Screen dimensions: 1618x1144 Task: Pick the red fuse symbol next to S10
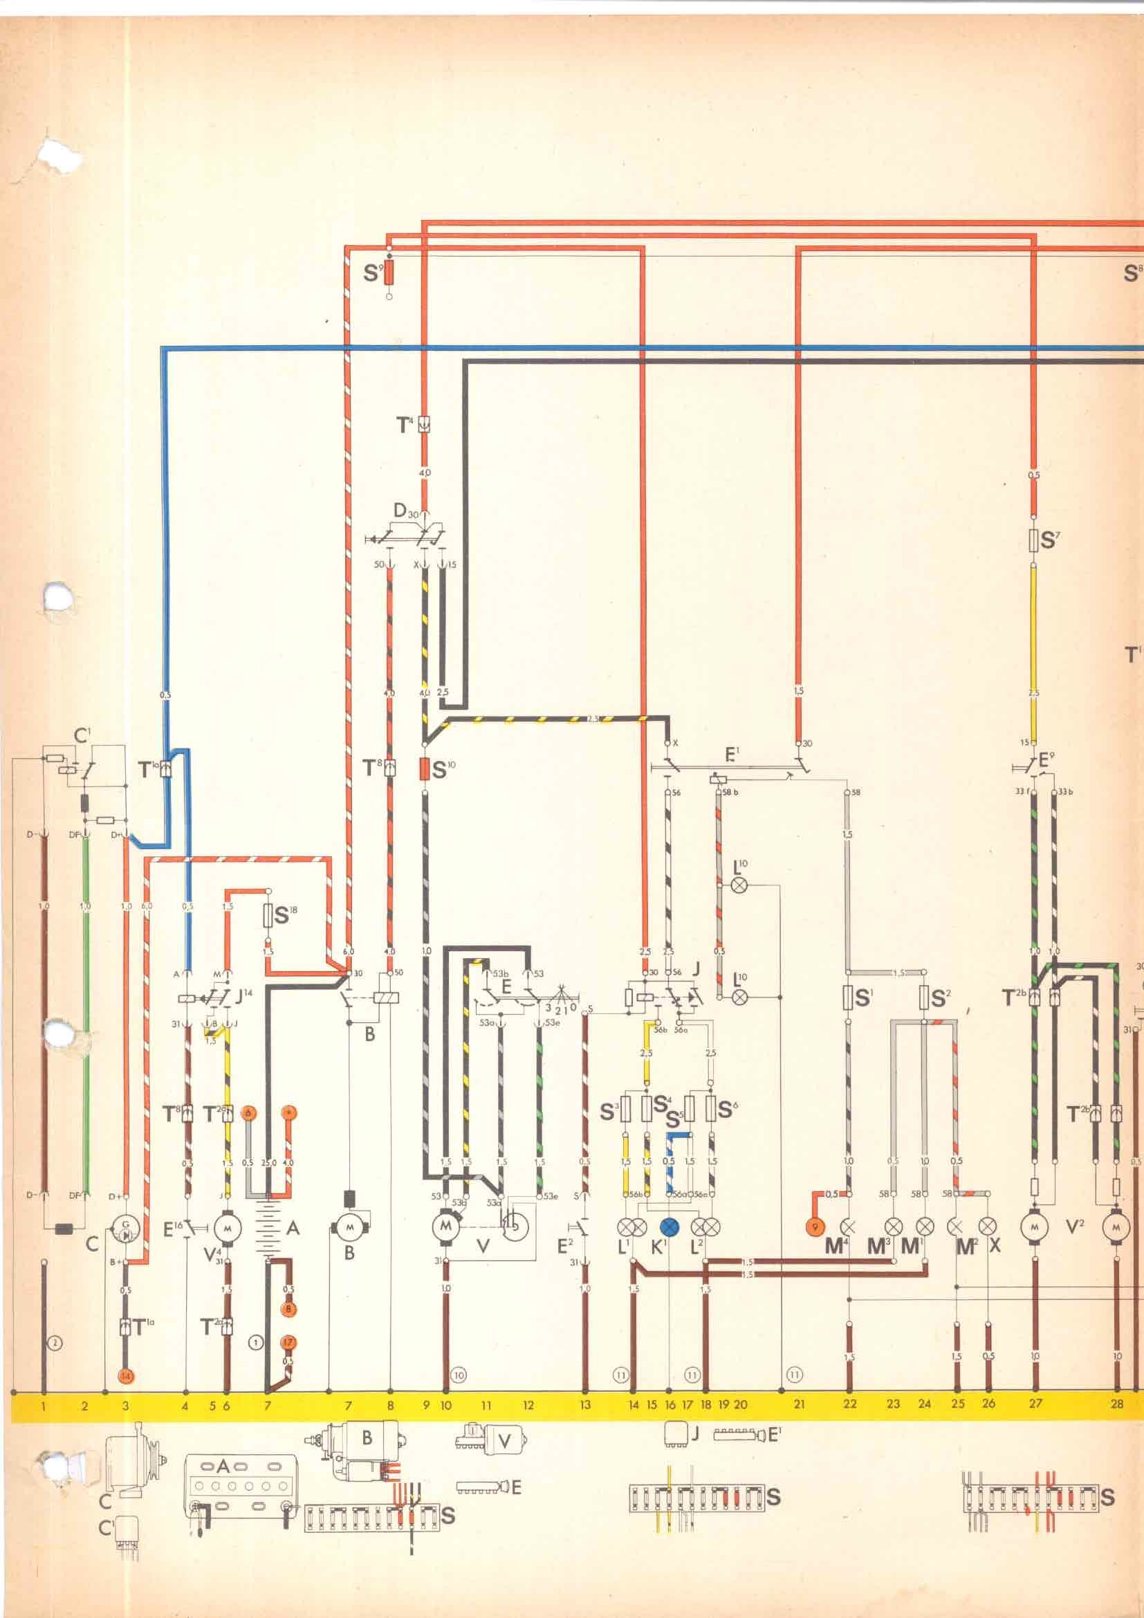425,768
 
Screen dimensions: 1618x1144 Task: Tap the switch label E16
169,1229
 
